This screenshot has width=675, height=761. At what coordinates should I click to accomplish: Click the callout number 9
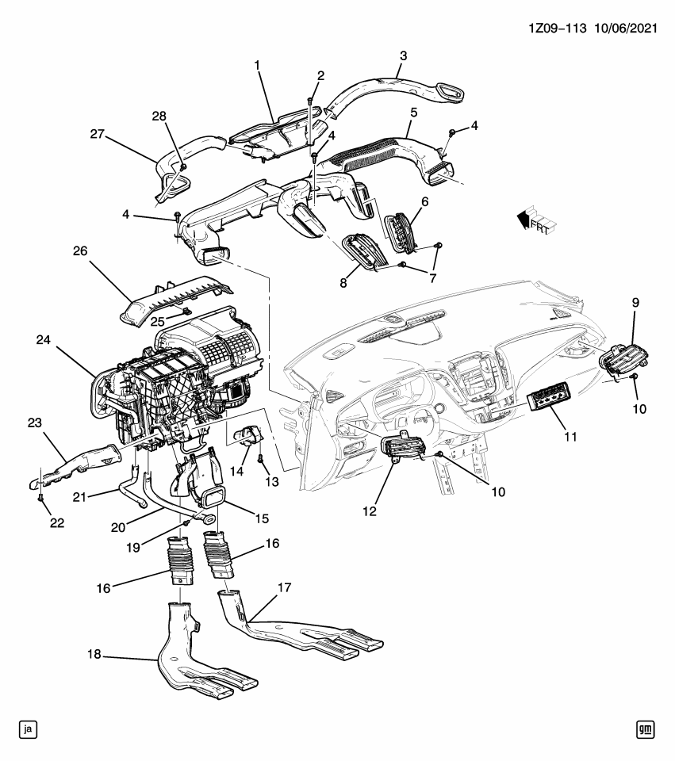[x=635, y=303]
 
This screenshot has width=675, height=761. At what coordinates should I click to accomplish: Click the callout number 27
[x=98, y=134]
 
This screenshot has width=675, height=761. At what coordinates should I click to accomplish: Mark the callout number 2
[x=320, y=75]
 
